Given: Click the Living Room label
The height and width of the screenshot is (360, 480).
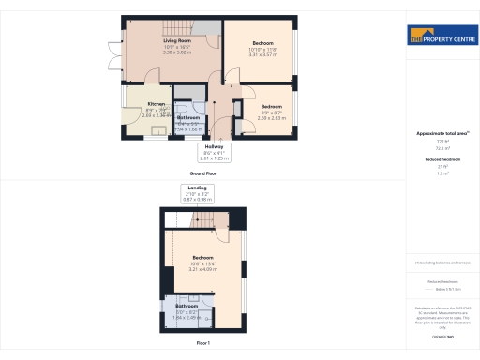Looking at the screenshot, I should click(175, 41).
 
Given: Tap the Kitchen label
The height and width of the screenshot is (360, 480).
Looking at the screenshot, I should click(156, 104).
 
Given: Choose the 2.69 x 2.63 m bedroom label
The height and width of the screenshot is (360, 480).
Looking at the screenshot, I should click(271, 107).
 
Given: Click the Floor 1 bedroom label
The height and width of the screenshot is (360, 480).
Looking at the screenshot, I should click(203, 257).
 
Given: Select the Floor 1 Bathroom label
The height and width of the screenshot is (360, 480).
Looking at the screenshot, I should click(186, 306).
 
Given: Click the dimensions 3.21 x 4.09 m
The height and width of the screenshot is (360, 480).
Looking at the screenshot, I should click(203, 269).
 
